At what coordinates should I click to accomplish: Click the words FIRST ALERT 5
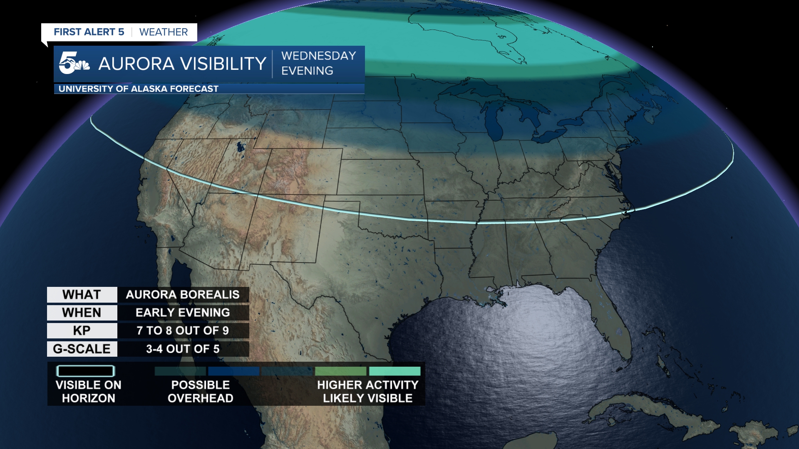coord(89,32)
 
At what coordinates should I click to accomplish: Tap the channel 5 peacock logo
coord(74,63)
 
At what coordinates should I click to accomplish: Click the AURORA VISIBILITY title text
coord(182,64)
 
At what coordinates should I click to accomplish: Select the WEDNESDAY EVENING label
coord(318,63)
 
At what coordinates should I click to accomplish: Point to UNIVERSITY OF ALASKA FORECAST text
coord(138,89)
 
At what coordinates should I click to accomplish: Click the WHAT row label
coord(82,294)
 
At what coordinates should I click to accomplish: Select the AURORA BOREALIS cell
coord(183,294)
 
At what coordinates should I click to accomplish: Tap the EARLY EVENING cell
coord(183,313)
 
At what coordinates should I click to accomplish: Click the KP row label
coord(82,331)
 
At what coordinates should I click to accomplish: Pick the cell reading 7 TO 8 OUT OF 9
coord(183,331)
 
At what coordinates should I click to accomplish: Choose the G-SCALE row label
coord(82,349)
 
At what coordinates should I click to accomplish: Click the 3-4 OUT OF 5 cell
coord(183,349)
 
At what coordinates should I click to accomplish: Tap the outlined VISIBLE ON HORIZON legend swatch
coord(85,371)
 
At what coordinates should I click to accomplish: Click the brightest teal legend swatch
coord(395,371)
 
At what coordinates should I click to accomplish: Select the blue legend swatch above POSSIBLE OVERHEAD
coord(233,371)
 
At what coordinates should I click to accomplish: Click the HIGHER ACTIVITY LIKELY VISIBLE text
coord(367,391)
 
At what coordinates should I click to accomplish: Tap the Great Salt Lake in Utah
coord(240,146)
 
